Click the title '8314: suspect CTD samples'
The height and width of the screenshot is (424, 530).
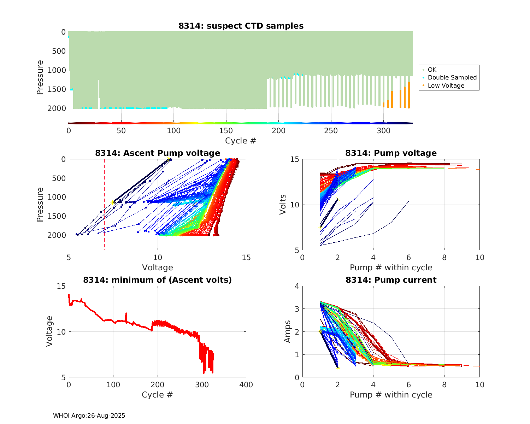click(241, 26)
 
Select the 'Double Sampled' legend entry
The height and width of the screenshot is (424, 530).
click(452, 77)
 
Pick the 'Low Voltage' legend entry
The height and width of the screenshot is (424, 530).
click(446, 86)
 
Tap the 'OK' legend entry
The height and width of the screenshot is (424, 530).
click(432, 70)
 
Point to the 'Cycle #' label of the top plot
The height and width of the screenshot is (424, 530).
click(241, 141)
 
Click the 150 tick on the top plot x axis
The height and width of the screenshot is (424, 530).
click(226, 131)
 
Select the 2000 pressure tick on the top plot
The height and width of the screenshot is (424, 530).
click(57, 108)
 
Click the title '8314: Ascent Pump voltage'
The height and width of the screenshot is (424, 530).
click(158, 153)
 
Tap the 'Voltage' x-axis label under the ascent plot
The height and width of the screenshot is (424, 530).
click(158, 267)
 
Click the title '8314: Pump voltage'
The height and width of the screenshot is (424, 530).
click(391, 153)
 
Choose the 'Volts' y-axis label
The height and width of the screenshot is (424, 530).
click(283, 205)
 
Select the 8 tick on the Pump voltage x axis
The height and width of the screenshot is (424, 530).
click(444, 258)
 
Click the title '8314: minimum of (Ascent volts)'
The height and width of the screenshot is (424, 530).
click(158, 280)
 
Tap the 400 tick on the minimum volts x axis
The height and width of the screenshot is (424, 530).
click(246, 384)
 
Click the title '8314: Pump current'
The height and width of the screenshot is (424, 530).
click(391, 280)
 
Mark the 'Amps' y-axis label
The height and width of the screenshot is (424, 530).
click(288, 331)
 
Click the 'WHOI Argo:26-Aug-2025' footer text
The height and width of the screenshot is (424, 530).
click(89, 416)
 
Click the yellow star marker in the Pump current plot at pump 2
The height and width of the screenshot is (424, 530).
click(338, 368)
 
